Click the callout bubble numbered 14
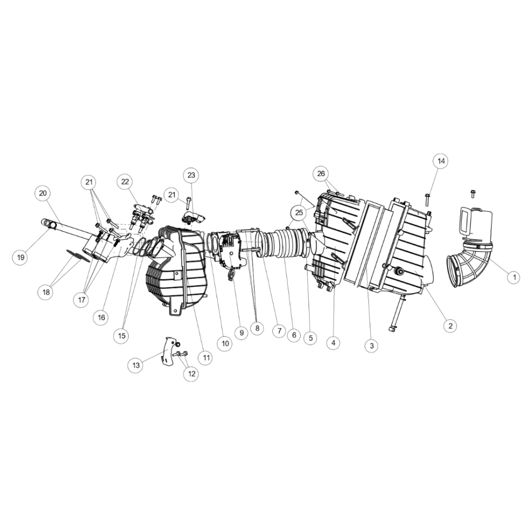point(441,161)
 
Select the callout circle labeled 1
point(514,277)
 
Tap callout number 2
point(450,326)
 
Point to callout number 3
point(371,346)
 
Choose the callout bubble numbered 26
point(321,174)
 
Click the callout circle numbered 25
point(299,213)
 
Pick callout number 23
point(192,175)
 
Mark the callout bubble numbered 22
point(125,181)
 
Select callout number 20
point(43,193)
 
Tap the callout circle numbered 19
point(21,257)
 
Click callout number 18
point(46,292)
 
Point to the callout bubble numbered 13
point(136,365)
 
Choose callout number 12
point(192,373)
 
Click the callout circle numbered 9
point(242,332)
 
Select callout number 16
point(102,317)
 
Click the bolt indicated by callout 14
point(427,200)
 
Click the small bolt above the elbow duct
point(472,194)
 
